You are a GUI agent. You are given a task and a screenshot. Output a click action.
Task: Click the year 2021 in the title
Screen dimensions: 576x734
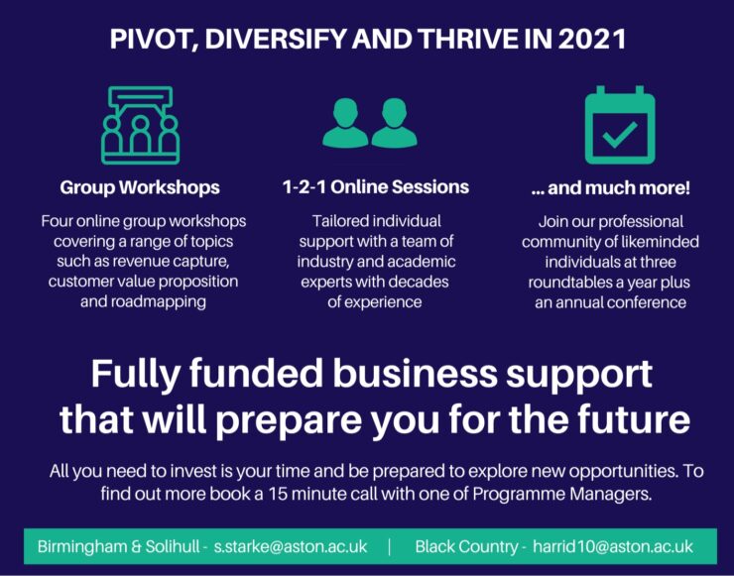click(592, 41)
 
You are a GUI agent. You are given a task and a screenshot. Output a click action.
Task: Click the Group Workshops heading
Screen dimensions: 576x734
click(140, 187)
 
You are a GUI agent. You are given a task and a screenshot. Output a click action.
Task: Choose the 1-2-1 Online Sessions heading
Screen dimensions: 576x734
click(375, 186)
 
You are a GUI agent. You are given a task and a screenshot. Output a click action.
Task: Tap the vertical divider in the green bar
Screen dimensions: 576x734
click(389, 546)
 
